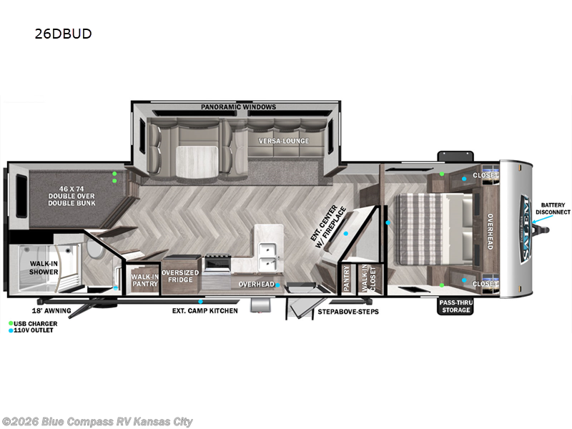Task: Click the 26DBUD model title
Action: (63, 34)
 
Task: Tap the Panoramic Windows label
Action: (239, 107)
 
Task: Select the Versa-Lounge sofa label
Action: (284, 141)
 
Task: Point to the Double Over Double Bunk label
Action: (71, 196)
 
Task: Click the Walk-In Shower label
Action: (44, 267)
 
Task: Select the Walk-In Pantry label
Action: (145, 280)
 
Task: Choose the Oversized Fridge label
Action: (180, 276)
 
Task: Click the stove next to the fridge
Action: (217, 263)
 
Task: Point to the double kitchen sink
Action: (268, 256)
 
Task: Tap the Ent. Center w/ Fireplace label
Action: (328, 227)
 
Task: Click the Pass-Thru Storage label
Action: (455, 307)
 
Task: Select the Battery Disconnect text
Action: (553, 209)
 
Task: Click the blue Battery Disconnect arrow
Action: (543, 219)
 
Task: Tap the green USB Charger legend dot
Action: (11, 323)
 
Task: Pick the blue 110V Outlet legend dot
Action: (11, 330)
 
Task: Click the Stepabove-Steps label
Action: (348, 312)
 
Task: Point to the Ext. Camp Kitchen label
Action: (205, 311)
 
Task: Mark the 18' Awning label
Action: (51, 311)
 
